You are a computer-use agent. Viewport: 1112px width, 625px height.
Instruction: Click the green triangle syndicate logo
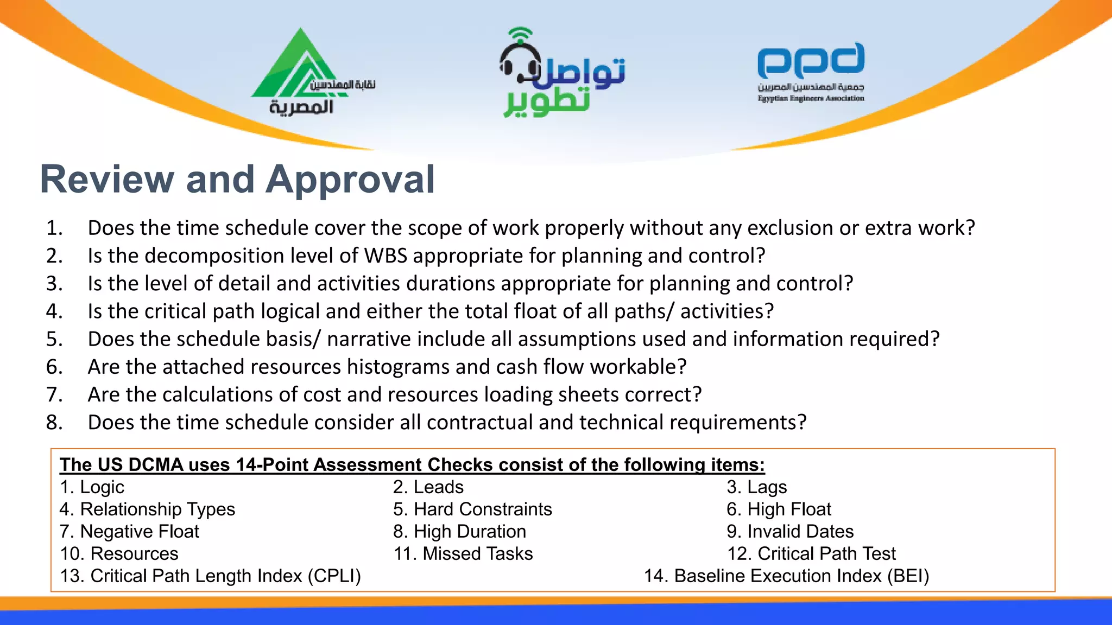click(296, 68)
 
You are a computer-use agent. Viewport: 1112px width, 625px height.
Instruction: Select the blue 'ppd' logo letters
click(811, 61)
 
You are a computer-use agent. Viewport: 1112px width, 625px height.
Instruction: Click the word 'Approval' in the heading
click(350, 180)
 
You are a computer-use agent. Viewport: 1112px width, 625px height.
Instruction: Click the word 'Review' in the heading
click(106, 180)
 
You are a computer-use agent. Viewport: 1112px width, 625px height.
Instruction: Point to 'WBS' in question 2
click(386, 256)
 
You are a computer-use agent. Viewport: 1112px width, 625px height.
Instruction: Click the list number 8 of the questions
click(54, 422)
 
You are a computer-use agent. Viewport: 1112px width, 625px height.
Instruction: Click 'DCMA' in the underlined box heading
click(156, 465)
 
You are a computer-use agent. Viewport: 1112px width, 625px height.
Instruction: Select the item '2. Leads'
click(428, 487)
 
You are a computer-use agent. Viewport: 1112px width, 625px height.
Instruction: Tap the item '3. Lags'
click(756, 487)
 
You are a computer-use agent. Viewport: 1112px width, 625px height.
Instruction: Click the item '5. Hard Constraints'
click(472, 509)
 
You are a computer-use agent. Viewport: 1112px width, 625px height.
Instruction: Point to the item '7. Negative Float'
click(129, 532)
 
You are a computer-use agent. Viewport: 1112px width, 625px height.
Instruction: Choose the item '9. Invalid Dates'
click(790, 532)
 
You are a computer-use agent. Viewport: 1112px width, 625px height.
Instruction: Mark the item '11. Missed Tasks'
click(463, 554)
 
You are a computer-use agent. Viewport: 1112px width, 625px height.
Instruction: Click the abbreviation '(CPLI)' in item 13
click(334, 576)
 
